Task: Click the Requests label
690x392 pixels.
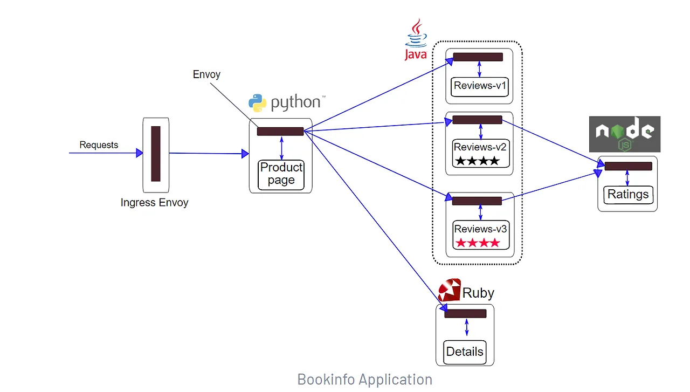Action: pos(99,145)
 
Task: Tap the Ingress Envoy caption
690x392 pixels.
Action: pos(154,203)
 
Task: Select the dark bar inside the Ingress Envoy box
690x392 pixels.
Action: pos(156,154)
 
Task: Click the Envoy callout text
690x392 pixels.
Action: pos(206,74)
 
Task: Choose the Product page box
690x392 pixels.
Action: pos(281,174)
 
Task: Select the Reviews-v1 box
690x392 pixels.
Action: pos(480,86)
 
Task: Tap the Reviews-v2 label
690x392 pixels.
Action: pos(480,147)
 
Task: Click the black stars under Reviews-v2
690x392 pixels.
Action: pos(478,161)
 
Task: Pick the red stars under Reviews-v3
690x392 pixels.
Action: pos(478,243)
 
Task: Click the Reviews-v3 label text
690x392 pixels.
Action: pos(480,229)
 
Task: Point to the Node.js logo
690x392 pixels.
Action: pos(624,134)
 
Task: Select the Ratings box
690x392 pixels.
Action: pos(628,195)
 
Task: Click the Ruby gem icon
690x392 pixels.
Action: pos(449,291)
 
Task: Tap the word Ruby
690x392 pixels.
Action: pos(478,293)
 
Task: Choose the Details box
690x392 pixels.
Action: pos(465,352)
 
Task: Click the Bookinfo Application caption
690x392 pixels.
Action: pos(364,380)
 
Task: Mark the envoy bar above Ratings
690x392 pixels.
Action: pos(628,166)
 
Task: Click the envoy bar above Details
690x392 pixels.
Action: pos(466,313)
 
